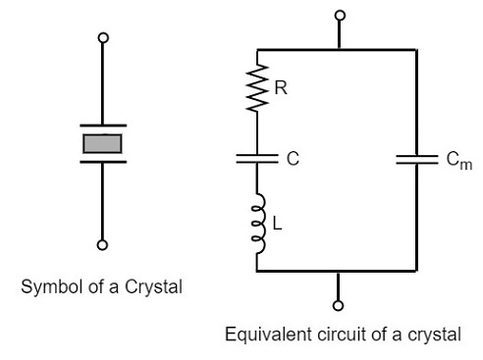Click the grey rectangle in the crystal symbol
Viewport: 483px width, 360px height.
coord(102,144)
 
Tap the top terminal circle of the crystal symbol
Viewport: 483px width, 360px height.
coord(102,38)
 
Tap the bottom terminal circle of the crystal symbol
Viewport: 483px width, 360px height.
coord(102,244)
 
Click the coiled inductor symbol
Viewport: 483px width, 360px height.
coord(258,224)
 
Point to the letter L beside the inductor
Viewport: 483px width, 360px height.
coord(277,225)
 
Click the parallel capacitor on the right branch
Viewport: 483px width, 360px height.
coord(416,160)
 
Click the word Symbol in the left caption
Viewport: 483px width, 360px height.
coord(56,290)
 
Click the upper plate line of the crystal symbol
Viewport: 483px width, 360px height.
coord(102,126)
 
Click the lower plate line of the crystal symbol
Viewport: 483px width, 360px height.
coord(102,163)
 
